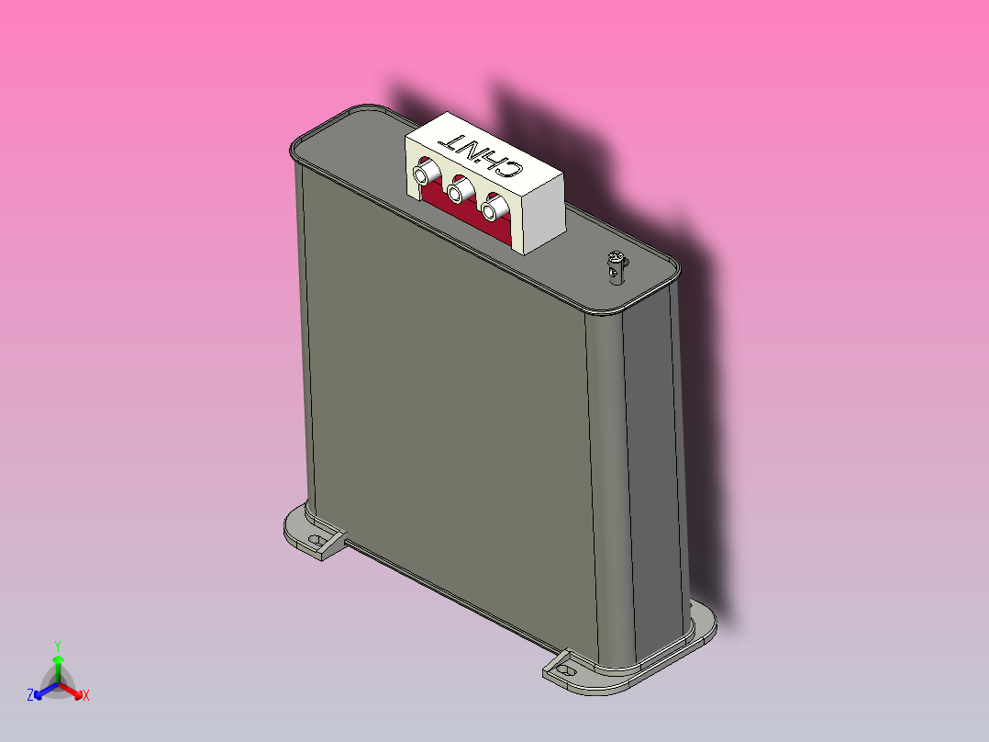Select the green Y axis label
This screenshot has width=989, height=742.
click(57, 645)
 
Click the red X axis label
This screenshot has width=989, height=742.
click(86, 696)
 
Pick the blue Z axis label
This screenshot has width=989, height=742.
click(30, 696)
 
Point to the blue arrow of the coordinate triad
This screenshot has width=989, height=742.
click(42, 691)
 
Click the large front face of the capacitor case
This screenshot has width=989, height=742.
click(440, 413)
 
